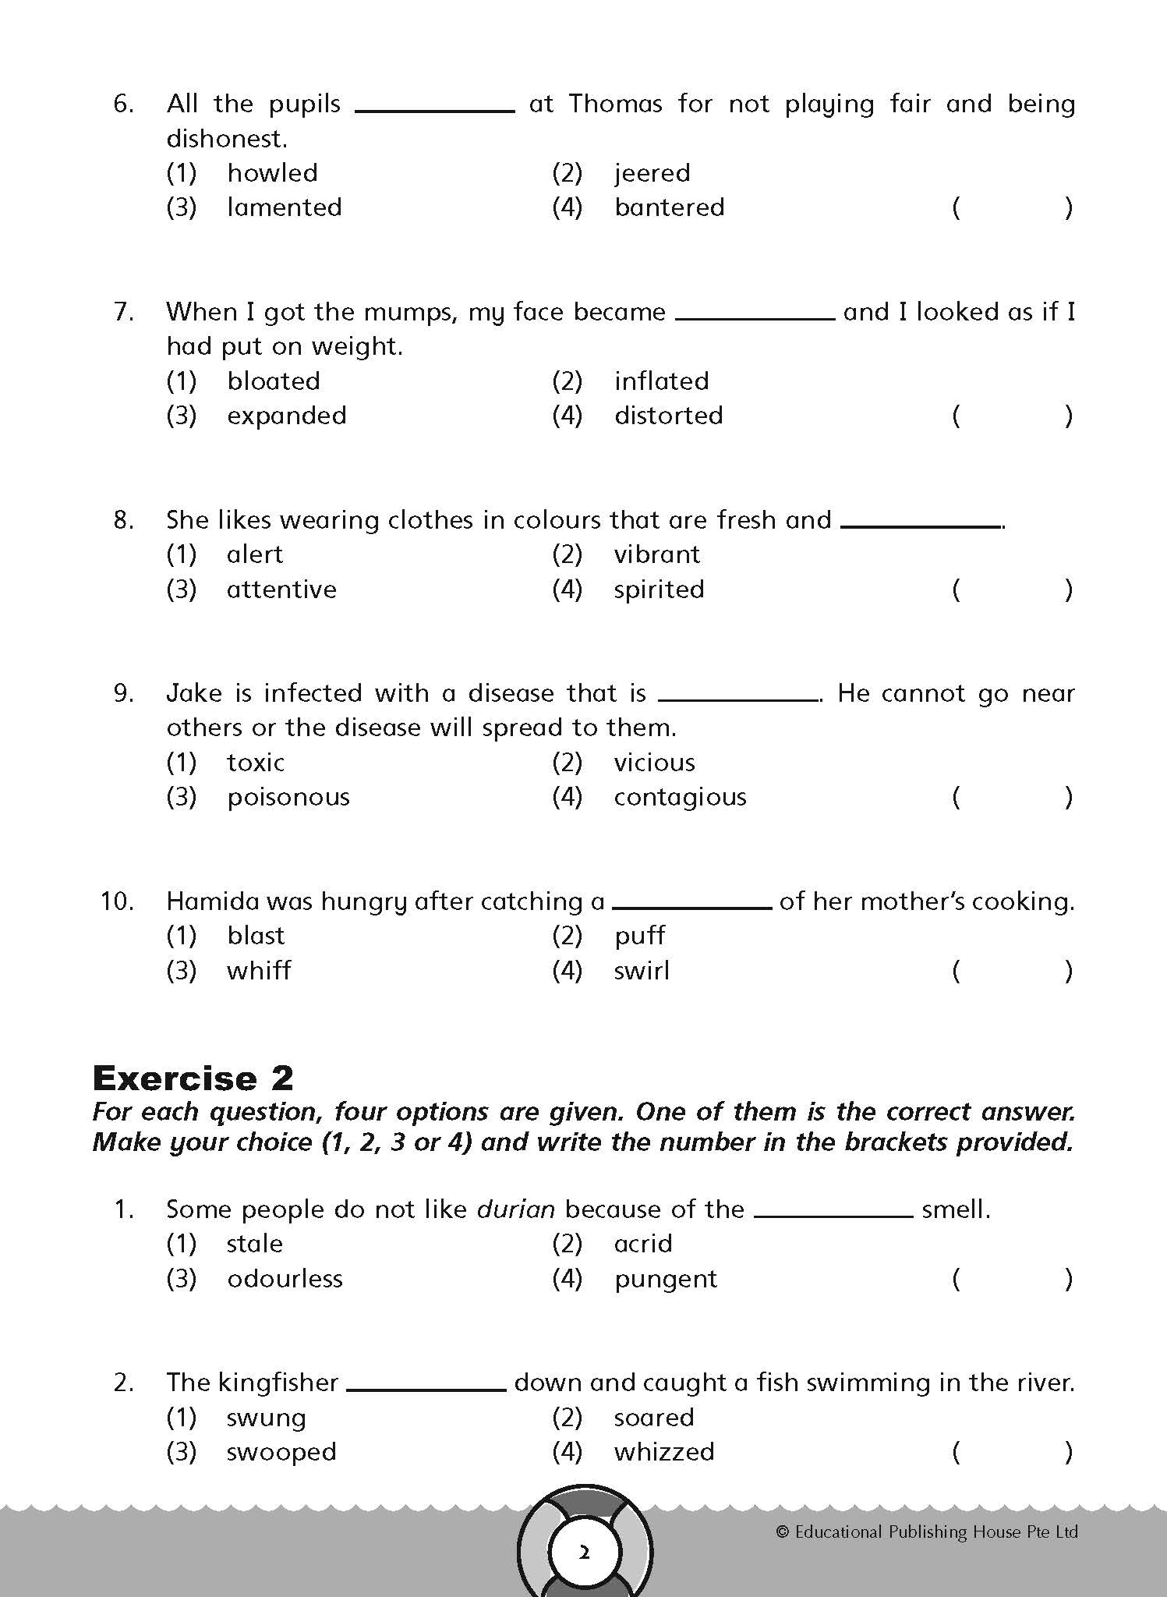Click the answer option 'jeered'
(x=652, y=173)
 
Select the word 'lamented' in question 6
(x=285, y=207)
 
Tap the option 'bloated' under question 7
(x=274, y=381)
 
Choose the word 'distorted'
(x=668, y=416)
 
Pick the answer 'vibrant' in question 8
(x=656, y=554)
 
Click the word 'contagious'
(x=680, y=797)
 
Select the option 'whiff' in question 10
(x=259, y=971)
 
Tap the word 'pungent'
(x=665, y=1280)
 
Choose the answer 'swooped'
(x=281, y=1452)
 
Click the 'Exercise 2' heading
(x=193, y=1078)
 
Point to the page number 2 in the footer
(x=584, y=1553)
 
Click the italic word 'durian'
(x=516, y=1209)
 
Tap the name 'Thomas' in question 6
(x=615, y=104)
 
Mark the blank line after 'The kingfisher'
(x=426, y=1389)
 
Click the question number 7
(x=124, y=312)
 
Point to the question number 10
(x=117, y=901)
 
